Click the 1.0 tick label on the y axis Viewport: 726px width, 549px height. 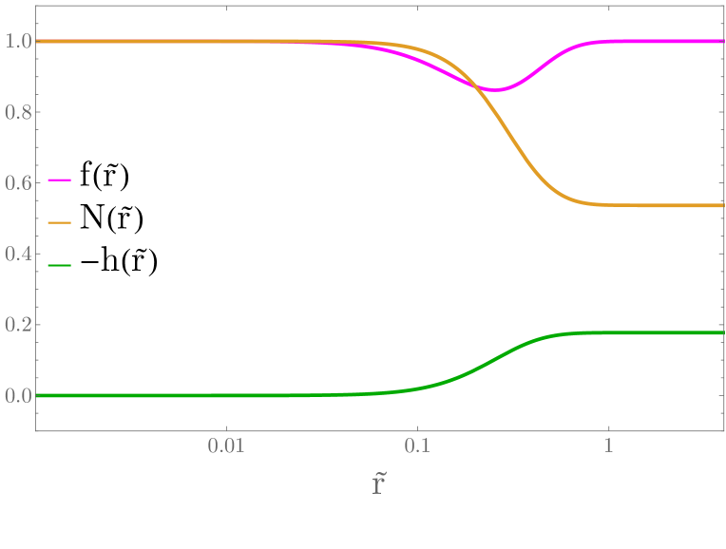[x=17, y=42]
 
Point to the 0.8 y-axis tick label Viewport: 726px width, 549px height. [x=17, y=113]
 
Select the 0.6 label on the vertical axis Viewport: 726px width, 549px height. [x=17, y=183]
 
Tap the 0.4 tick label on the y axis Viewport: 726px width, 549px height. [x=17, y=255]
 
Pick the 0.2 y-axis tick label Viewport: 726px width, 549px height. [x=17, y=325]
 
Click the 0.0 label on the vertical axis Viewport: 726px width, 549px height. [x=17, y=396]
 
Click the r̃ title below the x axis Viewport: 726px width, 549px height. [x=378, y=484]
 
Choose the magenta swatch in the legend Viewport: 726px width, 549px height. [x=60, y=180]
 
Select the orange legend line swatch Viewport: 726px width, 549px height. [x=60, y=222]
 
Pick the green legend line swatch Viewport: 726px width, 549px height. [x=60, y=265]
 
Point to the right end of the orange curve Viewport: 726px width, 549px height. [x=723, y=205]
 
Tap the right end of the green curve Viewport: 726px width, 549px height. [x=723, y=332]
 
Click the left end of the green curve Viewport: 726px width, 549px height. [x=37, y=395]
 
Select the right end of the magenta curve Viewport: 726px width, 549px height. [x=723, y=42]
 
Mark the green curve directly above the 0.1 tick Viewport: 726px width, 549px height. [x=417, y=387]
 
